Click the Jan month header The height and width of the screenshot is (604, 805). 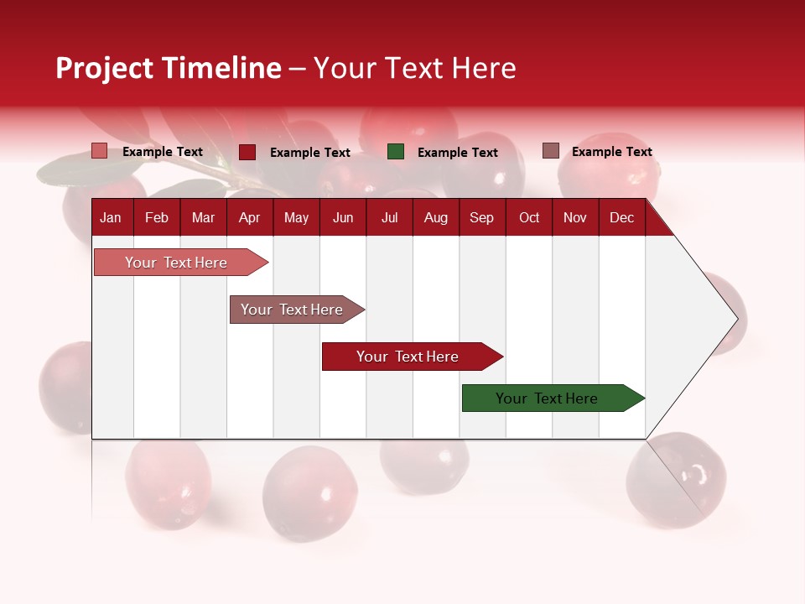pyautogui.click(x=111, y=218)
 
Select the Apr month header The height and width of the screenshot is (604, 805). pyautogui.click(x=249, y=218)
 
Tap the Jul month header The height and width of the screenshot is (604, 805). pyautogui.click(x=389, y=218)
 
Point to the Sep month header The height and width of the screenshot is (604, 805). pyautogui.click(x=481, y=218)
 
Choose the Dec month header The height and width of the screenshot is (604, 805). pyautogui.click(x=621, y=218)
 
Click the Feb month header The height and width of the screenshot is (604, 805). pyautogui.click(x=157, y=218)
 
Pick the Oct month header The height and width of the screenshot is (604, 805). pyautogui.click(x=529, y=218)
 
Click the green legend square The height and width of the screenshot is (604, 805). pyautogui.click(x=396, y=152)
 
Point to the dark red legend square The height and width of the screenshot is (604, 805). pyautogui.click(x=247, y=152)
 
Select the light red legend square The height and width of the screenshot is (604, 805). pyautogui.click(x=100, y=151)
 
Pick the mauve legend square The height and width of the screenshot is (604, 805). pyautogui.click(x=550, y=151)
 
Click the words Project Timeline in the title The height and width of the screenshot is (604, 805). pyautogui.click(x=168, y=68)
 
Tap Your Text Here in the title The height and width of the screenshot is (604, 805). pyautogui.click(x=415, y=68)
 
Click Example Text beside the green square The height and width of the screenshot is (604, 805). pyautogui.click(x=457, y=153)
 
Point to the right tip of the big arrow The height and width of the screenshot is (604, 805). pyautogui.click(x=735, y=319)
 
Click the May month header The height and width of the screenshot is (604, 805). pyautogui.click(x=296, y=218)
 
